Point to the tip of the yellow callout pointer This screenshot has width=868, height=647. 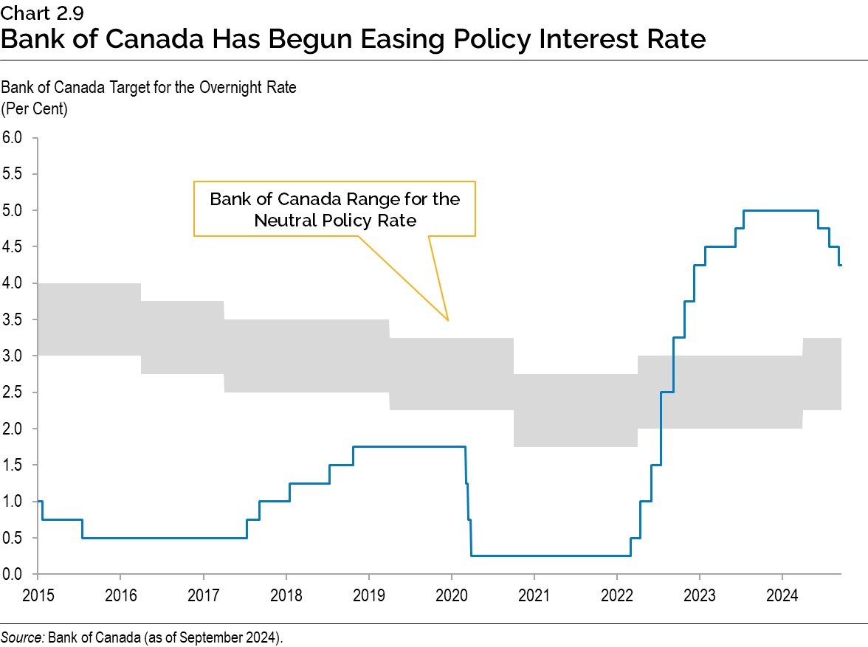(x=448, y=320)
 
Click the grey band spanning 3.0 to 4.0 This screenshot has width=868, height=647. (x=89, y=319)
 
